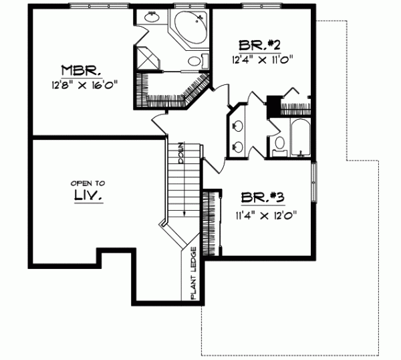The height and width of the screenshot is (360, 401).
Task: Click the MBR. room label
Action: tap(81, 70)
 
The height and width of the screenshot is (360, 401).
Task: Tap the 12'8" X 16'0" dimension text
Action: tap(83, 86)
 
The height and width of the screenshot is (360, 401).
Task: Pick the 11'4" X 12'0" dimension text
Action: tap(265, 215)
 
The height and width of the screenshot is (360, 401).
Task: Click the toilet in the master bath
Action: tap(194, 62)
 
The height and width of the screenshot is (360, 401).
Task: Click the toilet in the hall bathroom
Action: tap(280, 142)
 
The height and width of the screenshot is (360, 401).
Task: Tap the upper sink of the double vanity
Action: tap(237, 124)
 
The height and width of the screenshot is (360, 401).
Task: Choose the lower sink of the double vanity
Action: tap(237, 145)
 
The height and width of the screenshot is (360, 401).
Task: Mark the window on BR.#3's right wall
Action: tap(315, 179)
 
